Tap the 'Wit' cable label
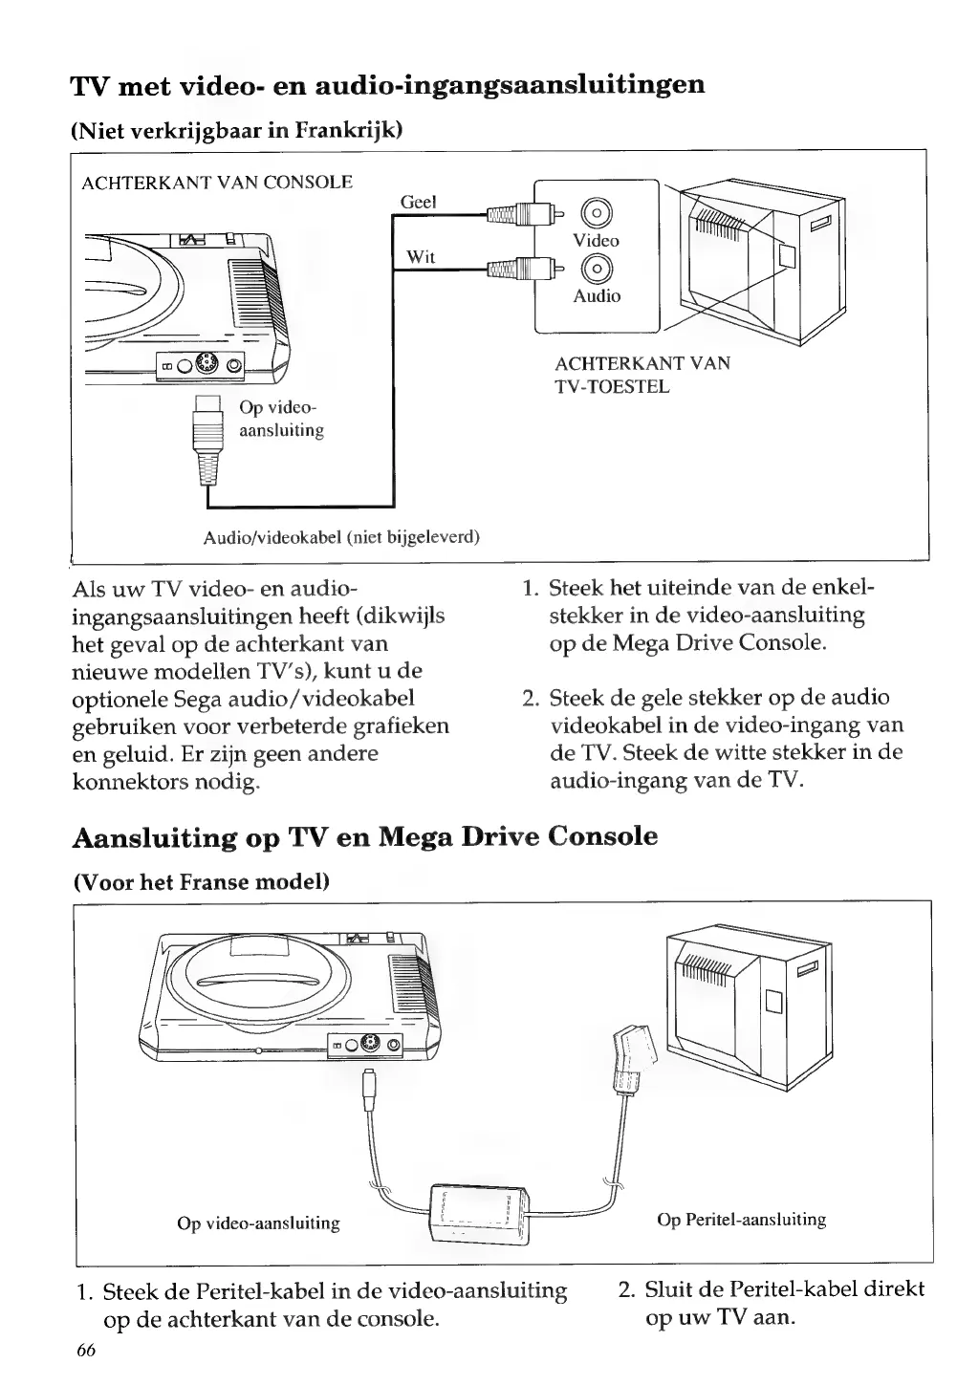421,256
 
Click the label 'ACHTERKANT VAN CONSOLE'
217,182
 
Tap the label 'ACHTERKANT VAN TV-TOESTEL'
642,375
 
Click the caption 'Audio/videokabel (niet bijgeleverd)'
341,537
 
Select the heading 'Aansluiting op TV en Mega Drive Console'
365,837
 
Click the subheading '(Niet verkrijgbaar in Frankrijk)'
237,130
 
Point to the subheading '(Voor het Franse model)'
202,881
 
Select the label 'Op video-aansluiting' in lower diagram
259,1223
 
